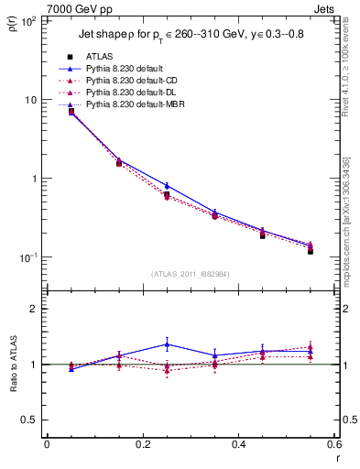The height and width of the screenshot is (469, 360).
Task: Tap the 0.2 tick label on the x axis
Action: point(142,444)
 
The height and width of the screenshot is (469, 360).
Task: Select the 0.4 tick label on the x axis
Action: point(238,444)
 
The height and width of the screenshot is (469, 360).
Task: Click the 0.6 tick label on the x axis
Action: point(333,444)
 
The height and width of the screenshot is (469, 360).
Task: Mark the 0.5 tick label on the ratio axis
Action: point(31,420)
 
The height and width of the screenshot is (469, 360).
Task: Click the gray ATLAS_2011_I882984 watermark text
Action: point(190,273)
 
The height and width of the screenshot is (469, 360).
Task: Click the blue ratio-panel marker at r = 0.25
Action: point(167,344)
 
